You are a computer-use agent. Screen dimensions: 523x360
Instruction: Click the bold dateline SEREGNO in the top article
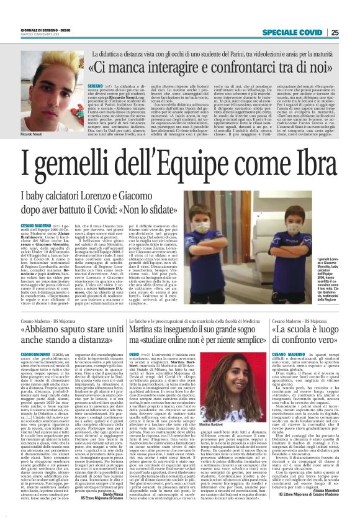[x=95, y=81]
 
